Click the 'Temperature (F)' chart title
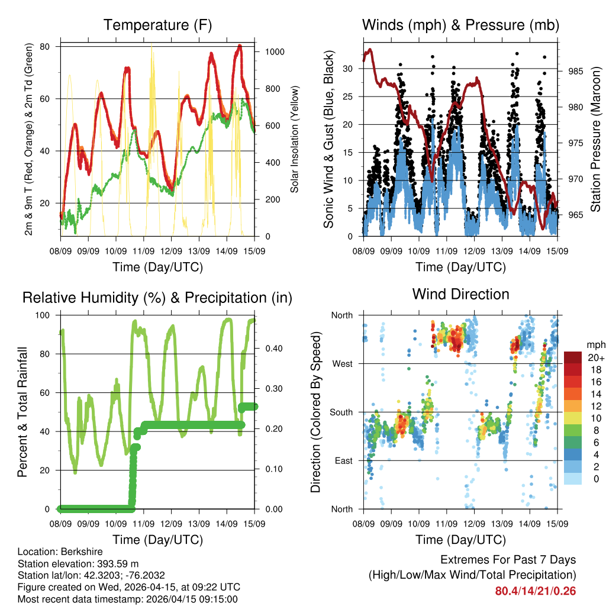pyautogui.click(x=157, y=25)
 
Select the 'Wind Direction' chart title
pyautogui.click(x=460, y=294)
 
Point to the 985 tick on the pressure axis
pyautogui.click(x=576, y=72)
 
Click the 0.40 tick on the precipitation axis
pyautogui.click(x=269, y=349)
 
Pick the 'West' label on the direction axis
pyautogui.click(x=342, y=363)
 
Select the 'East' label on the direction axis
pyautogui.click(x=343, y=460)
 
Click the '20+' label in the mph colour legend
pyautogui.click(x=595, y=358)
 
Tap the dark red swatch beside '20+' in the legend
pyautogui.click(x=573, y=357)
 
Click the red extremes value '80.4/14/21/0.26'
pyautogui.click(x=536, y=591)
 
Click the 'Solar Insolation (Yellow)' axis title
pyautogui.click(x=294, y=139)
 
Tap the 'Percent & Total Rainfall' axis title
pyautogui.click(x=22, y=412)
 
